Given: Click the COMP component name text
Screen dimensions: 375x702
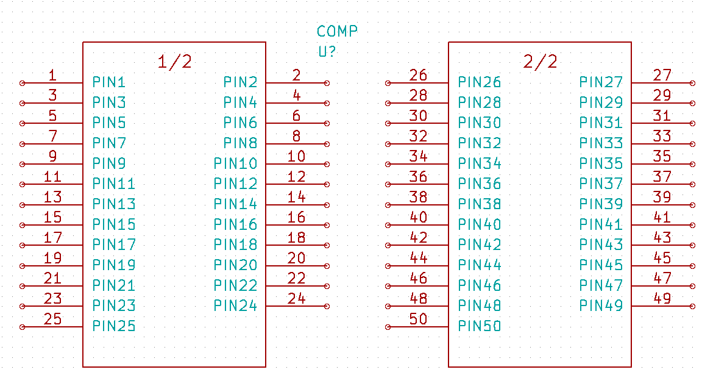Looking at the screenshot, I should pos(337,31).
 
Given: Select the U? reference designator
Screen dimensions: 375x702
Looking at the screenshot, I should pos(327,52).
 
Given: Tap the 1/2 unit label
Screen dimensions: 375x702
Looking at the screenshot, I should pos(174,62).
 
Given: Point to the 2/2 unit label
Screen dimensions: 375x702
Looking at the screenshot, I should pos(540,62).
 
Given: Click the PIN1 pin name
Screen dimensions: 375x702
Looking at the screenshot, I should pos(109,82).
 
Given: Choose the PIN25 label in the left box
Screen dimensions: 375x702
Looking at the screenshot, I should pos(114,326).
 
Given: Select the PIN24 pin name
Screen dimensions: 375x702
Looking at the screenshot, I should pos(235,306).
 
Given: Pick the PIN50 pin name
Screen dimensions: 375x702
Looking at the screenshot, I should pos(480,326).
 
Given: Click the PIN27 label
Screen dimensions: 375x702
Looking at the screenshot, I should pos(601,82).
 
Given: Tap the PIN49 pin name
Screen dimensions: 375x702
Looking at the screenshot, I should pos(601,306).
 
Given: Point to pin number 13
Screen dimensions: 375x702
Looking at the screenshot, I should pos(53,198).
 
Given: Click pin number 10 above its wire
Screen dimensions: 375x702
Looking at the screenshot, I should pos(296,157).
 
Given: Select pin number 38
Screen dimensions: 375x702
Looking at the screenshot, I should pos(418,198).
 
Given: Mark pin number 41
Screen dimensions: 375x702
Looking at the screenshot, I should pos(662,218).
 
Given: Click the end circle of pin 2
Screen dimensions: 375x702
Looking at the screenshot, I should pos(327,83).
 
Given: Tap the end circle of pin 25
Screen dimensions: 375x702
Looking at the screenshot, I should pos(23,327).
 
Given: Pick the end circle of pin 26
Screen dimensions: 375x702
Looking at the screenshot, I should pos(388,83).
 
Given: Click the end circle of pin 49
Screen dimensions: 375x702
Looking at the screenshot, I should pos(692,306).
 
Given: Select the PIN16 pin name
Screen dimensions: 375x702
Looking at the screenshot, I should pos(235,224).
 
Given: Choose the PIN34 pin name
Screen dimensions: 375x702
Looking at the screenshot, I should pos(480,163).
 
